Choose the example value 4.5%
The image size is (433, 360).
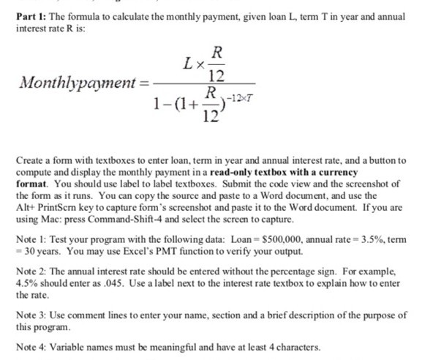29,283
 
